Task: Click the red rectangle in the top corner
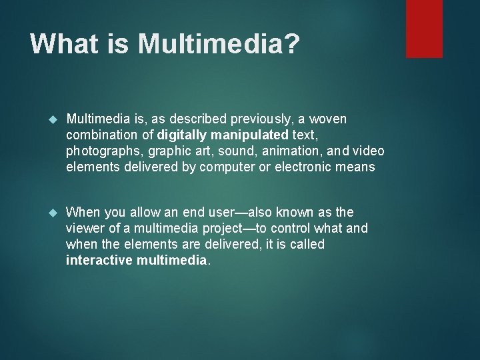click(424, 28)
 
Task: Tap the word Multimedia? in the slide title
click(219, 44)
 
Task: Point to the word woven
click(329, 119)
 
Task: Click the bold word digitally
click(182, 135)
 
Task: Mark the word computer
click(216, 167)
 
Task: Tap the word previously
click(257, 119)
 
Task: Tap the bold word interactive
click(98, 261)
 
